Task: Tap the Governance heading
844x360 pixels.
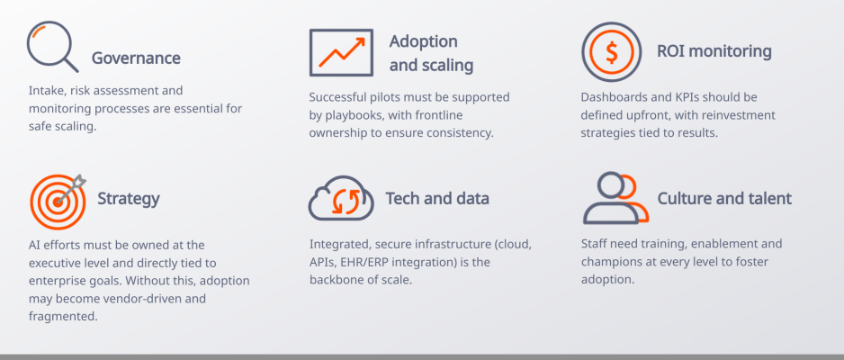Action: (x=136, y=58)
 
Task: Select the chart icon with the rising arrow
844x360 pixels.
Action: (x=341, y=51)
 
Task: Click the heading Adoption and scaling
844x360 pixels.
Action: (x=431, y=53)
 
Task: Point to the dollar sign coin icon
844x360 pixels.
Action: (x=612, y=52)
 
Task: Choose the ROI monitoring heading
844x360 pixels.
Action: (x=714, y=51)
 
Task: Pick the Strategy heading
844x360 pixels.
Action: (x=129, y=199)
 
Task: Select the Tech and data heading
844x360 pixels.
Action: (x=437, y=199)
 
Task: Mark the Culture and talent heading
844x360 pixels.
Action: (x=724, y=199)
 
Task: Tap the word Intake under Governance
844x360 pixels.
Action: (x=46, y=91)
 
